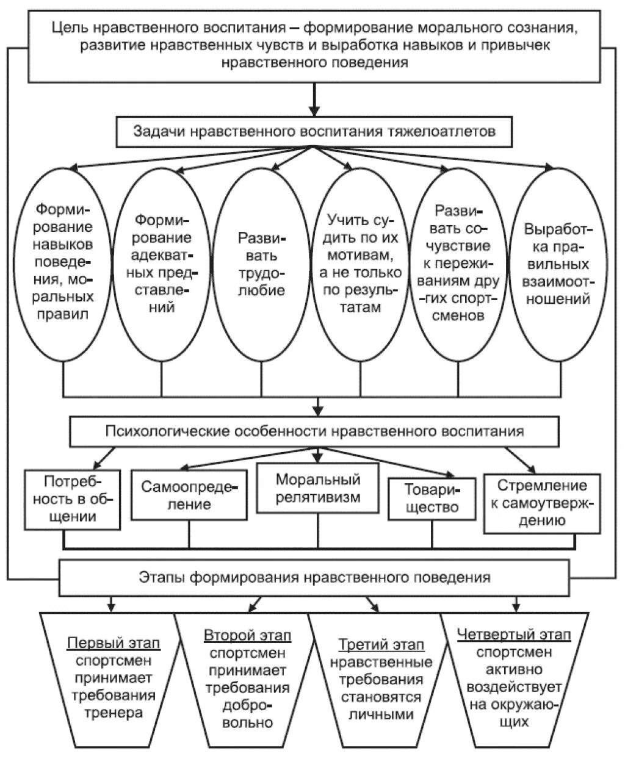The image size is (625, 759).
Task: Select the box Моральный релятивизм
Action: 317,487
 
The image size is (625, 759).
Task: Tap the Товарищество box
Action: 432,498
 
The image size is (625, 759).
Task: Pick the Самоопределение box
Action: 189,495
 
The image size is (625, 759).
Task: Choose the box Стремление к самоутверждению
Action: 533,503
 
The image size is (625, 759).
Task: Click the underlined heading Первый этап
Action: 114,644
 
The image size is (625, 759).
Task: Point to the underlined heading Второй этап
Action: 247,635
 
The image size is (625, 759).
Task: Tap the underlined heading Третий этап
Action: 381,645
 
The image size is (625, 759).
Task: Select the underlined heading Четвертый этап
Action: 514,635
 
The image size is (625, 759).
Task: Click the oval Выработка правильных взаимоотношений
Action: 557,264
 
